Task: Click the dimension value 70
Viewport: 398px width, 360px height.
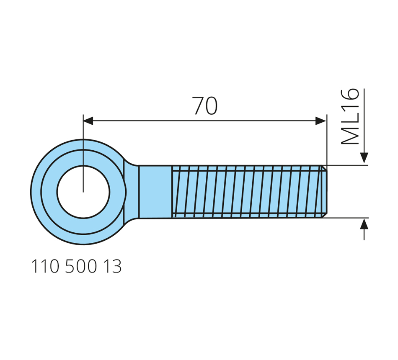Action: [205, 105]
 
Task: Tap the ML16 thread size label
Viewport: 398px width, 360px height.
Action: [350, 116]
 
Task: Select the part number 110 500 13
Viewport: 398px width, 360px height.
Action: [76, 266]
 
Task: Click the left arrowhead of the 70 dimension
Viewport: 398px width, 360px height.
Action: [88, 121]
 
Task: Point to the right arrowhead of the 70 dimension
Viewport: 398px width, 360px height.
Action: [320, 121]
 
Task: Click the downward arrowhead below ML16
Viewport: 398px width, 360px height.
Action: [364, 157]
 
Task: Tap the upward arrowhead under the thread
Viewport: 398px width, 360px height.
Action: [364, 224]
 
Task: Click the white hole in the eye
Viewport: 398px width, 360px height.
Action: [83, 192]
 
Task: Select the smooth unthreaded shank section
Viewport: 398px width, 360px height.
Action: [155, 192]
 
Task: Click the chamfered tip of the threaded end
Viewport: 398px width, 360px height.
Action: [324, 192]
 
